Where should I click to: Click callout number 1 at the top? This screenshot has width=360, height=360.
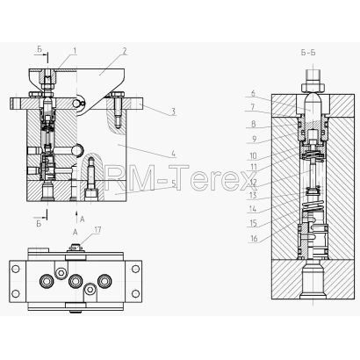75,51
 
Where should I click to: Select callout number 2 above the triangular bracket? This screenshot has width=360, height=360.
125,51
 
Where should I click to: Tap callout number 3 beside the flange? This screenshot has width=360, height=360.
173,112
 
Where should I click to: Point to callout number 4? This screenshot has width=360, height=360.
173,153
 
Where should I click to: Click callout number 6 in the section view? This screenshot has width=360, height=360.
253,94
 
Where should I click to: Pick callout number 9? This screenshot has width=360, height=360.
254,139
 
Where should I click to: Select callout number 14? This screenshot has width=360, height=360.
252,209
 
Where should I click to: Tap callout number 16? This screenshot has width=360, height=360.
254,238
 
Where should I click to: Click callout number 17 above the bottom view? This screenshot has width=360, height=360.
97,230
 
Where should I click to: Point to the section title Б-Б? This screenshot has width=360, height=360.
308,53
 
